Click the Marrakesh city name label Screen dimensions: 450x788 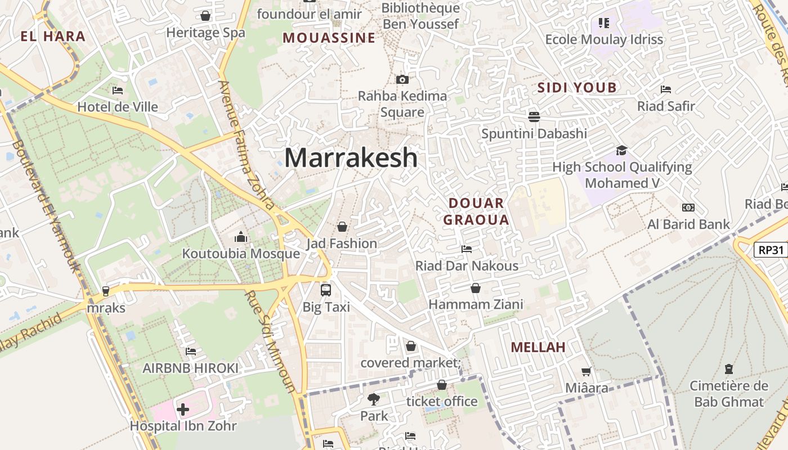click(x=351, y=157)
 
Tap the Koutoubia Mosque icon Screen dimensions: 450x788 click(x=241, y=237)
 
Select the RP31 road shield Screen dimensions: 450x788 click(x=770, y=250)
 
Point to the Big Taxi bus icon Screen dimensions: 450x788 click(x=326, y=290)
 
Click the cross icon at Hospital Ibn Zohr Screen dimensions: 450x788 click(x=183, y=409)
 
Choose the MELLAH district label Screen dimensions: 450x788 click(x=538, y=347)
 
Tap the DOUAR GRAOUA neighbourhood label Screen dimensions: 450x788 click(x=476, y=211)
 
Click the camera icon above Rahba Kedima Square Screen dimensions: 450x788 click(x=402, y=79)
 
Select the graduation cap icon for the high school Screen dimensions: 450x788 click(x=621, y=150)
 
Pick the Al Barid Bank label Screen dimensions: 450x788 click(x=688, y=224)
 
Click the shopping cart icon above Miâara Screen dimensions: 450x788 click(x=586, y=371)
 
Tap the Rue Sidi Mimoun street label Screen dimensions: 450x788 click(x=270, y=341)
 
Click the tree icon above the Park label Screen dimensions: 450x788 click(x=373, y=399)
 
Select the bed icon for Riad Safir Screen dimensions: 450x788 click(x=666, y=89)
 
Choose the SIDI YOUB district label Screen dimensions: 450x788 click(x=577, y=88)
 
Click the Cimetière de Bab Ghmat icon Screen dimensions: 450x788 click(x=729, y=369)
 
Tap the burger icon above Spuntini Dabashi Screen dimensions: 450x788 click(x=534, y=116)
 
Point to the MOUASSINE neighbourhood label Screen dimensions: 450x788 click(x=329, y=38)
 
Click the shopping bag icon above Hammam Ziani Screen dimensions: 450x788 click(x=476, y=288)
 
